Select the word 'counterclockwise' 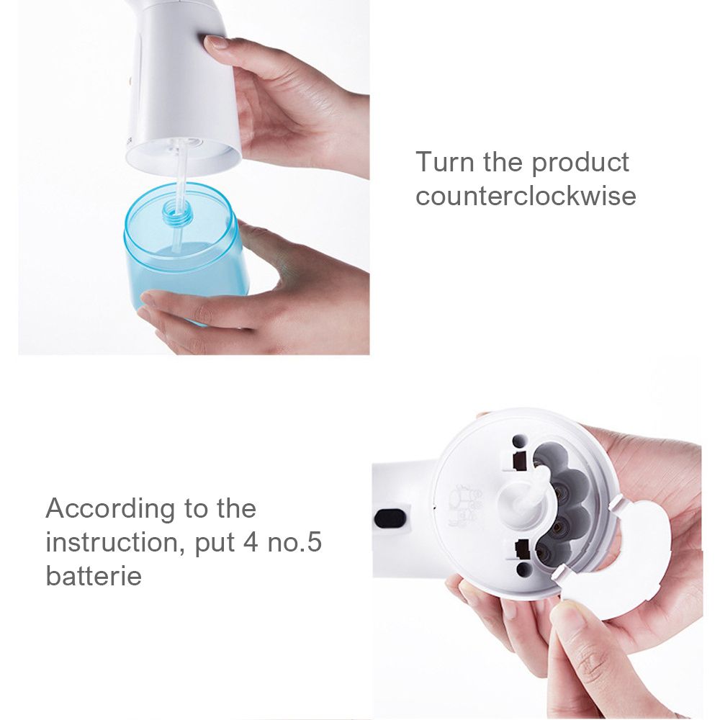[x=526, y=195]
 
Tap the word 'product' [x=580, y=163]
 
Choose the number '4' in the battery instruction [x=251, y=542]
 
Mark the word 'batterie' [x=94, y=575]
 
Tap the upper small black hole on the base [x=518, y=441]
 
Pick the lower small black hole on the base [x=524, y=570]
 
